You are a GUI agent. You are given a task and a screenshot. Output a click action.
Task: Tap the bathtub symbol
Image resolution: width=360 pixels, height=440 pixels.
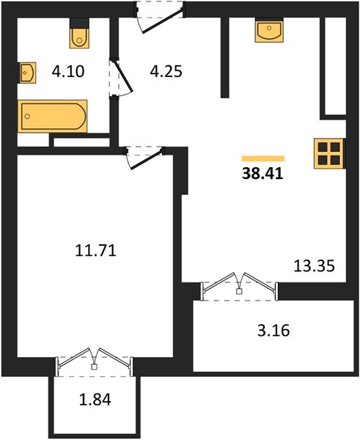[x=53, y=116]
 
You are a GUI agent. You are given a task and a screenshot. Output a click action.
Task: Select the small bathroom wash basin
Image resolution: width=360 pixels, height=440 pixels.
[x=27, y=73]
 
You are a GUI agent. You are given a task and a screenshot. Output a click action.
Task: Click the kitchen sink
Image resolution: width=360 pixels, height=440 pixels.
[x=269, y=30]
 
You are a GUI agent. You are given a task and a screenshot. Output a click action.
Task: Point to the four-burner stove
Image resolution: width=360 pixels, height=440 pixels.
[x=329, y=154]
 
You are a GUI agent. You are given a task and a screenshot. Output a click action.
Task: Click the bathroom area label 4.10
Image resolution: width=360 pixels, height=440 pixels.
[x=68, y=71]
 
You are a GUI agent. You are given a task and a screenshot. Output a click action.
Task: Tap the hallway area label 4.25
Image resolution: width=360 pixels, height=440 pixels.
[x=166, y=71]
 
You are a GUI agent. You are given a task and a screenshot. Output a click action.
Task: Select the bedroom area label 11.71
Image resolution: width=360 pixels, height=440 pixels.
[x=95, y=250]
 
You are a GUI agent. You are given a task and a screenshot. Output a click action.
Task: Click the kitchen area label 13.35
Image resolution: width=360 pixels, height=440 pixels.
[x=315, y=265]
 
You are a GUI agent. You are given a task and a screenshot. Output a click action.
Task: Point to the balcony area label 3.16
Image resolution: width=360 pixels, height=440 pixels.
[x=273, y=330]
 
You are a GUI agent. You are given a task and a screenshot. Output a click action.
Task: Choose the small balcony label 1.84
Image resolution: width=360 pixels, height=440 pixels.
[x=95, y=400]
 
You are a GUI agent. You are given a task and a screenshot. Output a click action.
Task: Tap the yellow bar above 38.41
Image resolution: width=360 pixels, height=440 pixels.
[x=263, y=158]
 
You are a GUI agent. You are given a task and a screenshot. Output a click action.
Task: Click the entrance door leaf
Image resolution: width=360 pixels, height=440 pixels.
[x=164, y=21]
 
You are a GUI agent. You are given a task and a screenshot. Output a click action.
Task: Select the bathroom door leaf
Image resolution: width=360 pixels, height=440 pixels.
[x=122, y=76]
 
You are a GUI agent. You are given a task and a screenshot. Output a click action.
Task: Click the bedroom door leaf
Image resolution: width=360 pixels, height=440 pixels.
[x=147, y=160]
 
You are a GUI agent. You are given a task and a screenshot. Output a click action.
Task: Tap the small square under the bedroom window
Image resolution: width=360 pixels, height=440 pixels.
[x=95, y=367]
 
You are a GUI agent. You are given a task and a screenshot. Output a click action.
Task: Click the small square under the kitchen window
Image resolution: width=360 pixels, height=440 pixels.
[x=239, y=291]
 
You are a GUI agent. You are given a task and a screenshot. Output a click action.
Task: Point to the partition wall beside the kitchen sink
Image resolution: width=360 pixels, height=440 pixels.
[x=225, y=57]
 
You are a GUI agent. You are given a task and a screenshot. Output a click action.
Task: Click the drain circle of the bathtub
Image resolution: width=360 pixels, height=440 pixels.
[x=27, y=116]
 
